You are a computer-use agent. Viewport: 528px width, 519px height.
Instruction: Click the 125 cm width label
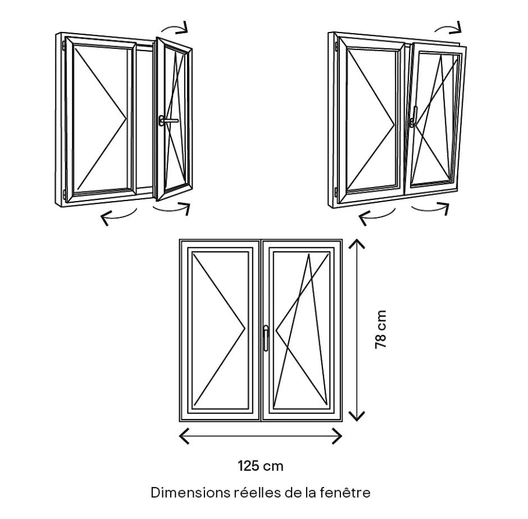[x=260, y=466]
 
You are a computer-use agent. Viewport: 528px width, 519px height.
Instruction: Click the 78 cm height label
[x=381, y=329]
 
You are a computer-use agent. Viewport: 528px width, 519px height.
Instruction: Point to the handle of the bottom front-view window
[x=266, y=338]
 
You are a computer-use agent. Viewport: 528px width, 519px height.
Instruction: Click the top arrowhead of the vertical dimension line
[x=357, y=243]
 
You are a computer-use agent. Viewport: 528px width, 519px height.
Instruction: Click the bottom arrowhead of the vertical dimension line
[x=357, y=416]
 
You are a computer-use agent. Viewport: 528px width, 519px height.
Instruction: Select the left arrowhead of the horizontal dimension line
[x=184, y=435]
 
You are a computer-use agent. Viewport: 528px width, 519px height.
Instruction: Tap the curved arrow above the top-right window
[x=449, y=28]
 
